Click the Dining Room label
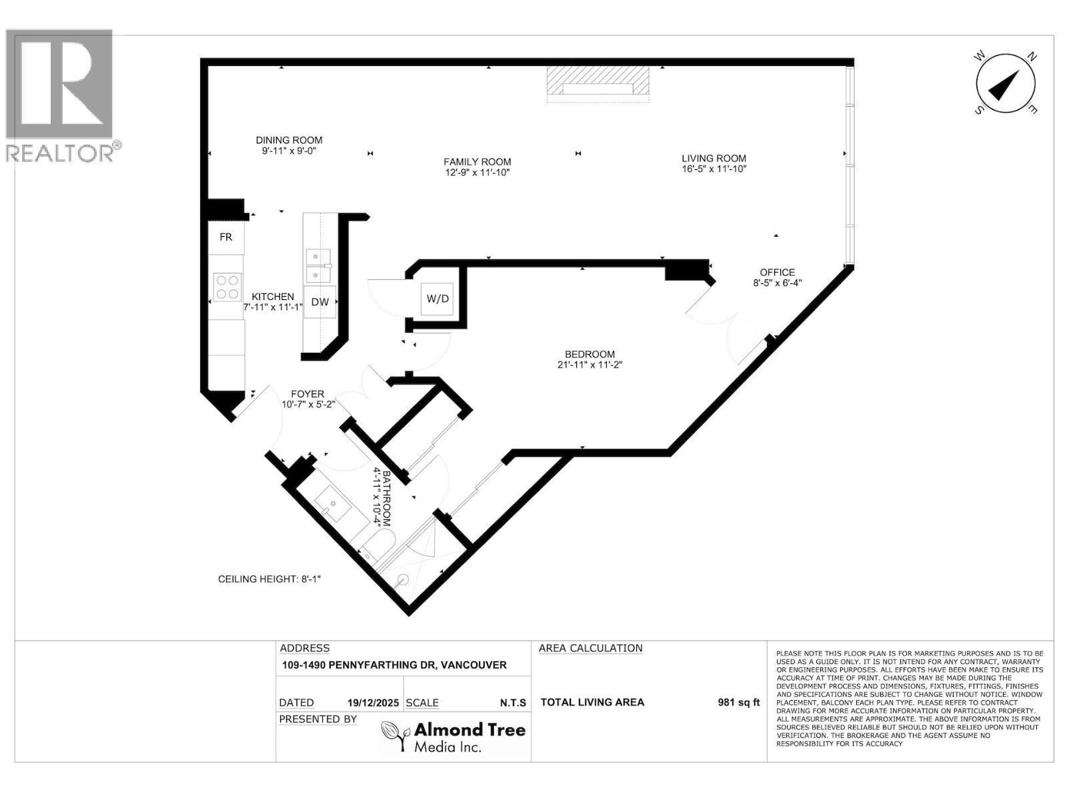(289, 140)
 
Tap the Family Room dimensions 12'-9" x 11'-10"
(477, 173)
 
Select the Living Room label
(714, 158)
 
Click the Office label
(777, 272)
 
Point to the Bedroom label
(590, 354)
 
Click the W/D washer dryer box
(437, 299)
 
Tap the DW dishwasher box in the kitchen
(320, 302)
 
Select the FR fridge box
(226, 237)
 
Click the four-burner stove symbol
(227, 287)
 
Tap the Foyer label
(307, 394)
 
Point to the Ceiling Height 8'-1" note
(269, 579)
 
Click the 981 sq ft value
(738, 702)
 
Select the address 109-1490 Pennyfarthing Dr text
(394, 665)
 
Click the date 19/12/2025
(373, 703)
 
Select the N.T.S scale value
(513, 703)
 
